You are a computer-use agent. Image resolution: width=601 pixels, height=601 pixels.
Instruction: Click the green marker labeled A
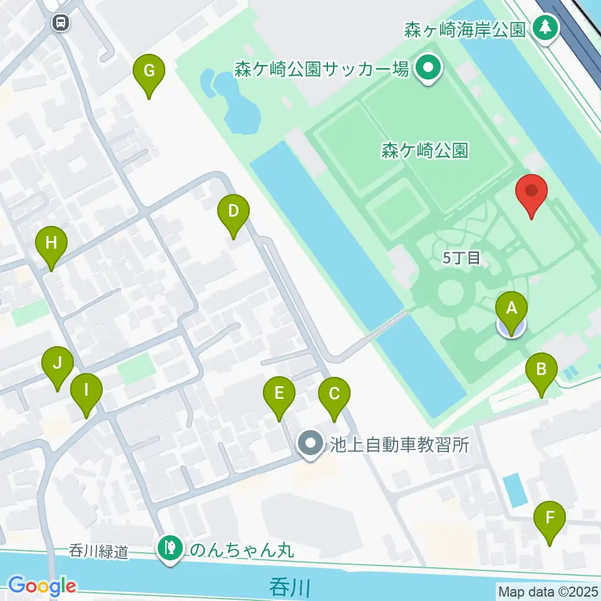tap(511, 308)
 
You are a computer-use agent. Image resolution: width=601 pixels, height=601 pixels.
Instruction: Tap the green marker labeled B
tap(542, 369)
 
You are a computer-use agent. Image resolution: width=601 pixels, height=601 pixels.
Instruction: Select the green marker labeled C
tap(334, 394)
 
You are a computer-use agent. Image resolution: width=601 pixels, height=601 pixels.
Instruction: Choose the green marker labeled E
tap(279, 394)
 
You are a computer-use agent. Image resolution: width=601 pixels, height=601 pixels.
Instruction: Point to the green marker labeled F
tap(550, 518)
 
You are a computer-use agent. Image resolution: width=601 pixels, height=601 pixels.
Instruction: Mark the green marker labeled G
tap(149, 70)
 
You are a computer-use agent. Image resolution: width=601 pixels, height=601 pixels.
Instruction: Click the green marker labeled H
tap(51, 242)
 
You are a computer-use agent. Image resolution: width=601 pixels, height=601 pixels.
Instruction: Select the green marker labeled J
tap(58, 363)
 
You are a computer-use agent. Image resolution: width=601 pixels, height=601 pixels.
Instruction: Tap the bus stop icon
tap(61, 23)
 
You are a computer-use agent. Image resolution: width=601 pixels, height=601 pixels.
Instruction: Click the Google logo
tap(42, 587)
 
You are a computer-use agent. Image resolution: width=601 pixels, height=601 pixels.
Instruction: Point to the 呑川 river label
tap(290, 588)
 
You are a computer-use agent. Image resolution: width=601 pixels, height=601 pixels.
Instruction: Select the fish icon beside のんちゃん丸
tap(170, 549)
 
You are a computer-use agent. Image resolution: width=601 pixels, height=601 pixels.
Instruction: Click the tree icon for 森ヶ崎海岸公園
tap(546, 27)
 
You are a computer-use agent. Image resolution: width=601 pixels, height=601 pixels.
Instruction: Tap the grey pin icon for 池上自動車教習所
tap(311, 444)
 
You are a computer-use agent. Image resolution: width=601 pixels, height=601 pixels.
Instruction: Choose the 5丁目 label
tap(461, 259)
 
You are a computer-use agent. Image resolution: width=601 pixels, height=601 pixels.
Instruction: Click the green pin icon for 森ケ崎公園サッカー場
tap(428, 68)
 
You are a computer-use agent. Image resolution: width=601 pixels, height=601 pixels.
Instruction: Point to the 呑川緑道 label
tap(99, 552)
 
